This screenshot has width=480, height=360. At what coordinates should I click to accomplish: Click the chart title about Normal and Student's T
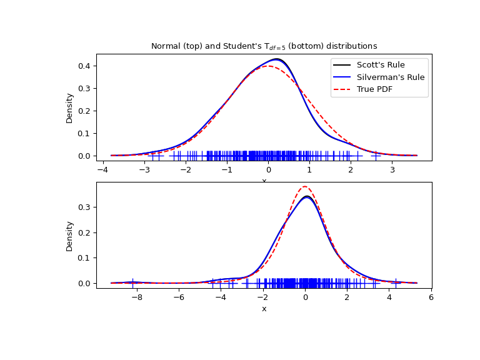pyautogui.click(x=264, y=46)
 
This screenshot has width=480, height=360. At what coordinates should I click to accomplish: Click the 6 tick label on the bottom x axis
pyautogui.click(x=431, y=297)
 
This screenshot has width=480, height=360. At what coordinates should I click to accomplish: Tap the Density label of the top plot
pyautogui.click(x=70, y=107)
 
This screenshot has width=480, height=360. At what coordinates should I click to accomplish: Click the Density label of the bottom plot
pyautogui.click(x=70, y=236)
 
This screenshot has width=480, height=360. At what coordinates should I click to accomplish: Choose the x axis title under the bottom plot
pyautogui.click(x=264, y=309)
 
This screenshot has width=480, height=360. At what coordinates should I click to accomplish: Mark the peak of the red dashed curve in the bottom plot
pyautogui.click(x=304, y=186)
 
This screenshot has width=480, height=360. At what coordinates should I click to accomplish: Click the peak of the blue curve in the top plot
pyautogui.click(x=276, y=59)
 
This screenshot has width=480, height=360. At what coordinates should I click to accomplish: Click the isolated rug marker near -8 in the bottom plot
pyautogui.click(x=132, y=282)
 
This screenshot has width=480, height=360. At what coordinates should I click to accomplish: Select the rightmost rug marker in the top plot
pyautogui.click(x=376, y=155)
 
